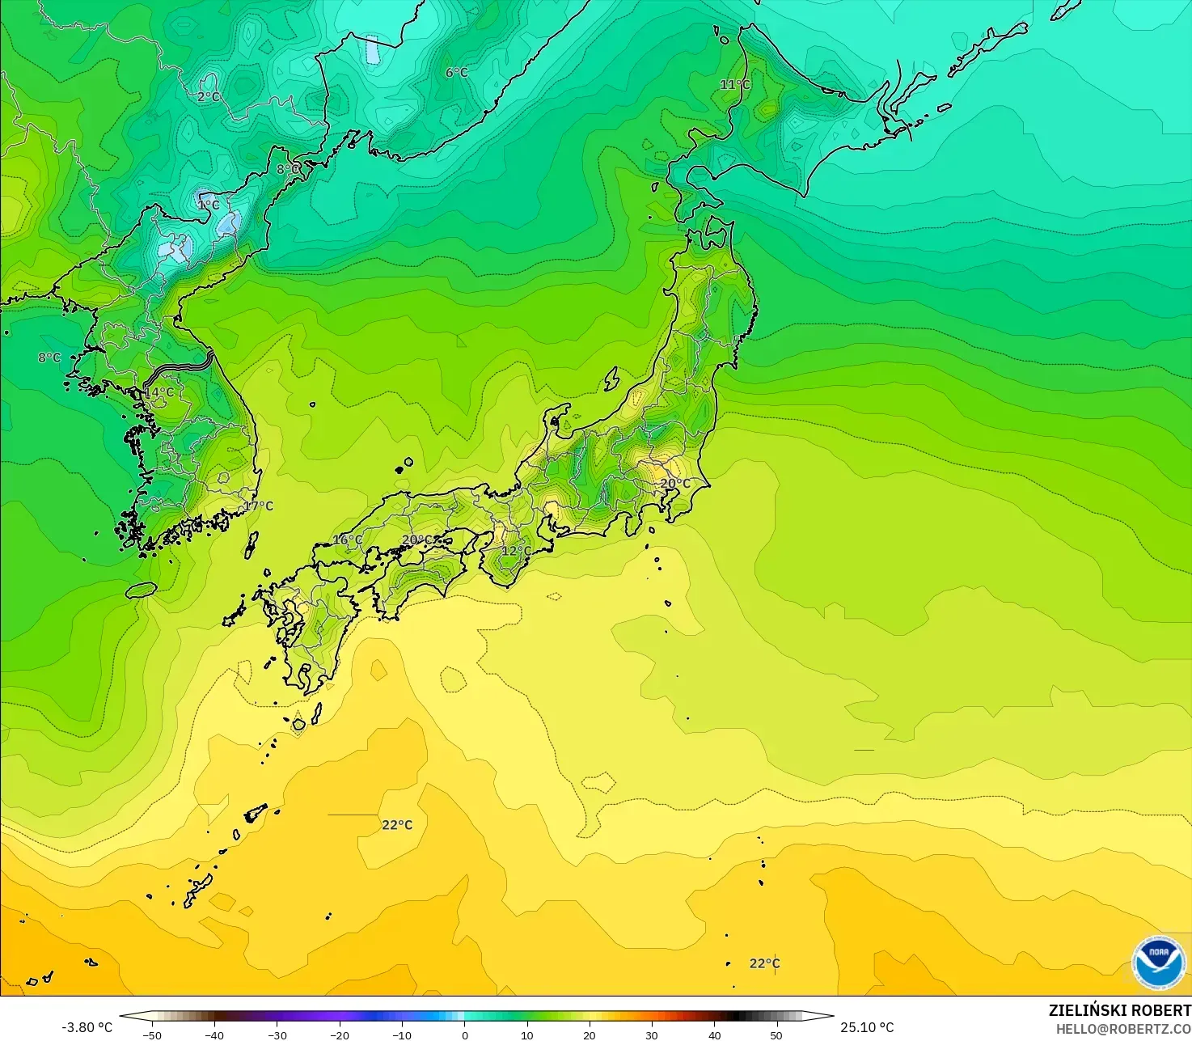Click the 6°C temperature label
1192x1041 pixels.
click(x=457, y=73)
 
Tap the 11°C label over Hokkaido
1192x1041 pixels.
click(x=735, y=85)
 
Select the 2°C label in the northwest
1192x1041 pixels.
click(x=209, y=97)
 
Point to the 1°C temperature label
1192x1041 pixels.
click(x=209, y=205)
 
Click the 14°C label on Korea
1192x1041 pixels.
click(x=159, y=392)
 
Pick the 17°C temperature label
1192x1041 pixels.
click(x=259, y=506)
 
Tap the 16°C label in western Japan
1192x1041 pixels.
click(x=348, y=540)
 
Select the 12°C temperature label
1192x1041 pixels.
click(x=516, y=552)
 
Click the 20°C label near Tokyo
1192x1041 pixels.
click(x=675, y=484)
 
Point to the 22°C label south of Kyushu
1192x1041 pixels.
click(x=397, y=825)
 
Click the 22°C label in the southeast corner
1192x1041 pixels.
click(x=764, y=963)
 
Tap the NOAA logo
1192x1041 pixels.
click(x=1158, y=963)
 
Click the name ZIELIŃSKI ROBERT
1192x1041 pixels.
click(x=1119, y=1010)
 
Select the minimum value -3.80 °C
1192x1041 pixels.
click(x=87, y=1027)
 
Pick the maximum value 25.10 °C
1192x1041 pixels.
click(x=867, y=1027)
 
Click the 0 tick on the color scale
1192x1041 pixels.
click(x=465, y=1035)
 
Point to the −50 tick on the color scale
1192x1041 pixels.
click(x=152, y=1035)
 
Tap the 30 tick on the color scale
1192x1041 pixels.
click(x=652, y=1035)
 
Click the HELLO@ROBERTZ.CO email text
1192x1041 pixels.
click(x=1123, y=1029)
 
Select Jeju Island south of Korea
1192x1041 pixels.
click(x=142, y=590)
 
